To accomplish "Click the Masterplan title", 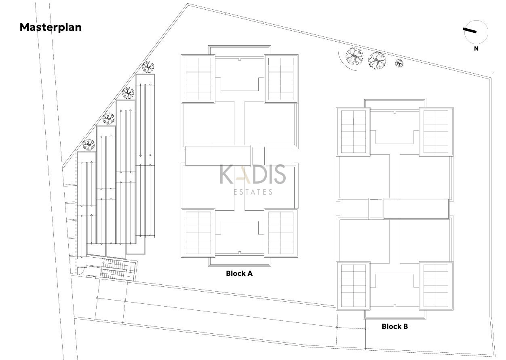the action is point(51,27).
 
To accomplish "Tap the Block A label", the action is point(239,273).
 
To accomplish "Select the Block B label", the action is point(395,326).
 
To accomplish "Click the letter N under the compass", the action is point(476,49).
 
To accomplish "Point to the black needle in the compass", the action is point(470,30).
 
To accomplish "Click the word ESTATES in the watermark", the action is point(253,192).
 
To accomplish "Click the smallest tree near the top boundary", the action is point(399,64).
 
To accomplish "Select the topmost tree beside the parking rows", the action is point(148,67).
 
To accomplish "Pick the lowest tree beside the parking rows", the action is point(89,144).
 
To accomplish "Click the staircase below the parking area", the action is point(116,269).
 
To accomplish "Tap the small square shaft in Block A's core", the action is point(258,156).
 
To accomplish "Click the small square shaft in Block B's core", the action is point(376,209).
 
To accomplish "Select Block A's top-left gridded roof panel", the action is point(198,79).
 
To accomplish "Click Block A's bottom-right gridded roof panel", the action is point(281,233).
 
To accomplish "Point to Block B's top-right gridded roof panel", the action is point(436,131).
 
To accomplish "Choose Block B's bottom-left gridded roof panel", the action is point(353,286).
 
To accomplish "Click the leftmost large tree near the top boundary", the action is point(354,57).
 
